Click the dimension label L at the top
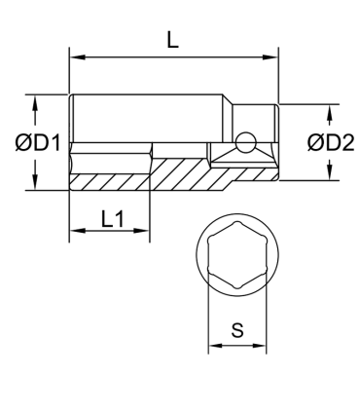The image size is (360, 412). (171, 41)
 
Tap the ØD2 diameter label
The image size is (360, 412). (330, 142)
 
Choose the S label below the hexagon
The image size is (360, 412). (236, 329)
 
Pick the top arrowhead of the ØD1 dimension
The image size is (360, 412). (35, 101)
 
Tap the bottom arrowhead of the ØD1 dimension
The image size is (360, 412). (35, 185)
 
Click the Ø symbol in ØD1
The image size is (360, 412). (21, 143)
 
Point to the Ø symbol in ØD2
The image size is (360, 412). (312, 142)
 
